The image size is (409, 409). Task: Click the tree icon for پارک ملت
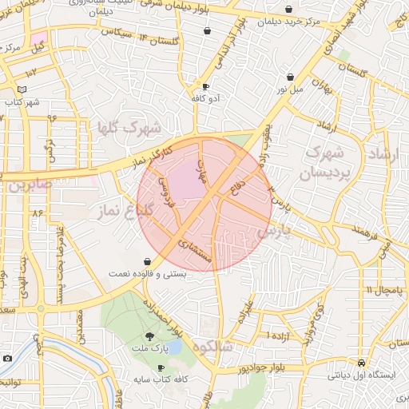click(x=149, y=336)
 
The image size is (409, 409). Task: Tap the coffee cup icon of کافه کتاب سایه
click(x=161, y=367)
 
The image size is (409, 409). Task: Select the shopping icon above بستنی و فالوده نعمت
click(x=147, y=261)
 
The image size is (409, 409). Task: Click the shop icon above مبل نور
click(x=289, y=77)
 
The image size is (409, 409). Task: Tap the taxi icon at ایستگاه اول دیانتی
click(x=362, y=361)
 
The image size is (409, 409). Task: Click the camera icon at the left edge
click(x=7, y=359)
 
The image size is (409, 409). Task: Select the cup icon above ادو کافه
click(x=206, y=85)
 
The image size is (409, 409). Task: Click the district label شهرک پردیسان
click(x=327, y=161)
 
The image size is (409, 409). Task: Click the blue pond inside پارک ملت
click(x=175, y=349)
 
